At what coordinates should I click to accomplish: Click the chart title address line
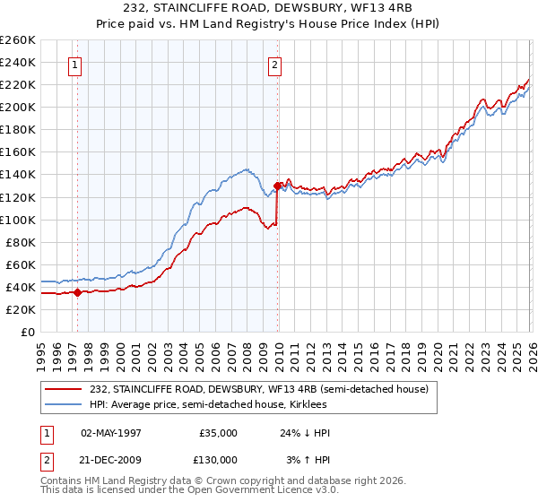[x=269, y=9]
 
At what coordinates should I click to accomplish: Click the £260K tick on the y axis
[x=18, y=40]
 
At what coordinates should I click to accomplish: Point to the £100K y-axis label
[x=18, y=220]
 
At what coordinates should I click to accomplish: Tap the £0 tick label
[x=28, y=332]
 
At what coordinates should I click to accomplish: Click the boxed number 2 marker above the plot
[x=274, y=65]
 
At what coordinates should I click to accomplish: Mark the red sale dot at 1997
[x=78, y=292]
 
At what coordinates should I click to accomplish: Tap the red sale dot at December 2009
[x=277, y=186]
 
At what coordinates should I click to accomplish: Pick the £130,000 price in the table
[x=218, y=460]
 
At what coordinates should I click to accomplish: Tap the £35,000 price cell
[x=218, y=433]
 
